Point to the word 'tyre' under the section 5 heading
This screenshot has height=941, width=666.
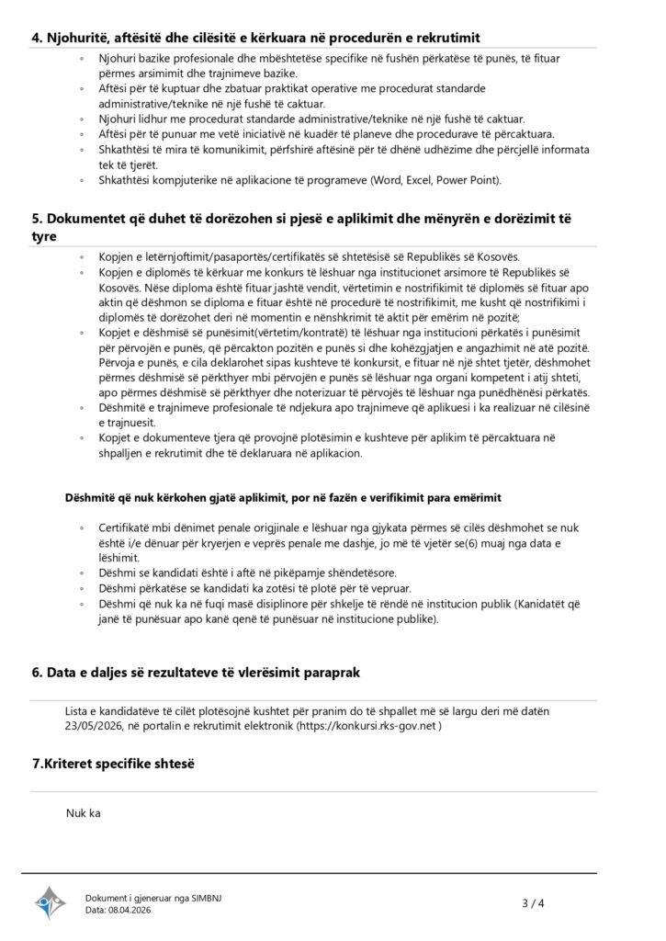click(x=44, y=236)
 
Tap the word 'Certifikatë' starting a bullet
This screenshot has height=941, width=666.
click(x=130, y=530)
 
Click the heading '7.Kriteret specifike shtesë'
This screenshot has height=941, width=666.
click(x=115, y=764)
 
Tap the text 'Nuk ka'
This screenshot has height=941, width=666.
click(x=82, y=812)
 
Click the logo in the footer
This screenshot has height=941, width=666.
click(x=51, y=903)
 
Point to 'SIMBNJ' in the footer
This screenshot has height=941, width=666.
click(x=201, y=898)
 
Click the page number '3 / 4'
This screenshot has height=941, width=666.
click(x=533, y=903)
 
